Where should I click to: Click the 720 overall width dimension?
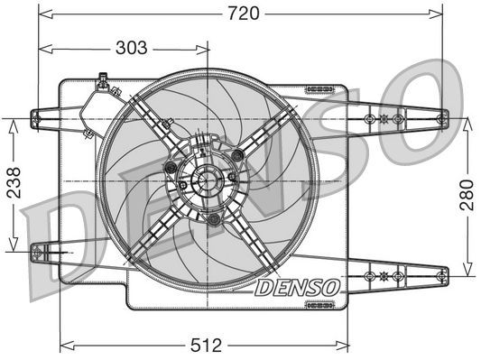pos(239,13)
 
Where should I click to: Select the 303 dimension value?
pos(133,47)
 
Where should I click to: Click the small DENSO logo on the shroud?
pos(296,288)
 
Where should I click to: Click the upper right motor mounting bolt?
pos(236,157)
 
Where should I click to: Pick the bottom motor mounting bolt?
pos(213,218)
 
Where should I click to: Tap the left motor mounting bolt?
pos(170,166)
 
